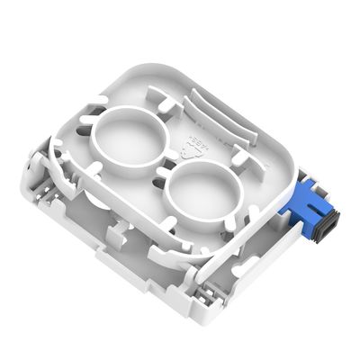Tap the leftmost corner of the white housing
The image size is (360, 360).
(x=24, y=184)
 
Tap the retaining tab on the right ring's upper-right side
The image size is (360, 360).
(x=241, y=159)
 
